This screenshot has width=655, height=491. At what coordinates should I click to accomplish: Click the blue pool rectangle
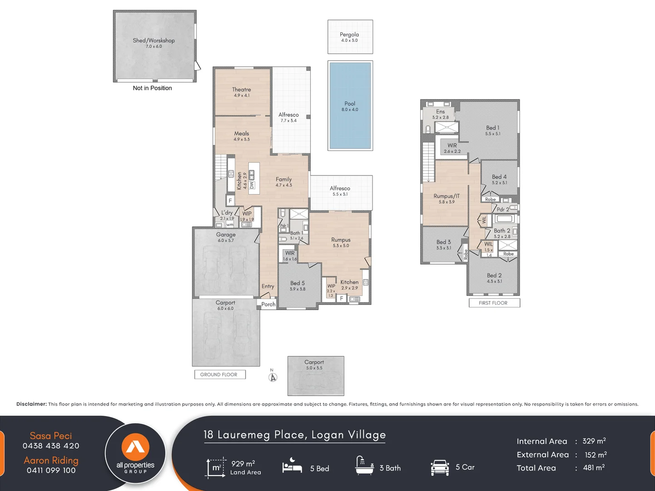350,105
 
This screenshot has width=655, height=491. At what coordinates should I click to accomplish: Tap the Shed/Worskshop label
154,40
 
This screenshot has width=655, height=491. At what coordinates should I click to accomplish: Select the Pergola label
349,35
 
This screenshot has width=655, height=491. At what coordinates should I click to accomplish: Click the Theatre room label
241,90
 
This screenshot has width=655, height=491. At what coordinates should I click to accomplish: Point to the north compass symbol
273,377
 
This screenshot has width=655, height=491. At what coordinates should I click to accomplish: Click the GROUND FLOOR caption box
219,375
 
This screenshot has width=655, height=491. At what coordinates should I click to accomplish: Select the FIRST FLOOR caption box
494,303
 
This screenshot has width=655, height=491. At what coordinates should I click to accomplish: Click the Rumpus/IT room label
447,196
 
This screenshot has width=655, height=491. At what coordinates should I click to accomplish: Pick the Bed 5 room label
298,283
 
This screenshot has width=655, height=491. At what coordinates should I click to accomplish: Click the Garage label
226,235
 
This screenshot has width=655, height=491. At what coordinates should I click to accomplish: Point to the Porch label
268,304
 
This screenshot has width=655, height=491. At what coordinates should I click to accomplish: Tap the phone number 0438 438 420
51,446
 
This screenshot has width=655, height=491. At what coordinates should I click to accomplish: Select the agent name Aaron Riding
51,460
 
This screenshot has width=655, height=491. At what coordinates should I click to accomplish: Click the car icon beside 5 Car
440,467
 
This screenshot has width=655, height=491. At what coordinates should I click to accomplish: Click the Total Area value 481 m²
594,467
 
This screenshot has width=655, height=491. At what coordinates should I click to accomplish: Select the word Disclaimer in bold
31,404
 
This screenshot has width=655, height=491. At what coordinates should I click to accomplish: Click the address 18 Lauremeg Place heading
294,435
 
